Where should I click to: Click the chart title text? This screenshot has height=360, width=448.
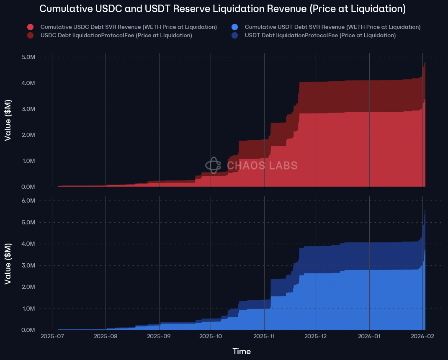click(x=222, y=9)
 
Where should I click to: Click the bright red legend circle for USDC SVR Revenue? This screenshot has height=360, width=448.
click(x=30, y=27)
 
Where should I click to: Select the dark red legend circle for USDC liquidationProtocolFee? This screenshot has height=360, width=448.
click(x=30, y=36)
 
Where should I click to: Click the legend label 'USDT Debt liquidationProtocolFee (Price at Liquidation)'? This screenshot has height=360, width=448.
click(x=320, y=36)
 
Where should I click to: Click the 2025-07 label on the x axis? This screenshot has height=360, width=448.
click(x=52, y=336)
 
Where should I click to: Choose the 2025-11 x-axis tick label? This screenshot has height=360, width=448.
click(x=264, y=336)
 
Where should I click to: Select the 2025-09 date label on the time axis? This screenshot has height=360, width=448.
click(x=159, y=336)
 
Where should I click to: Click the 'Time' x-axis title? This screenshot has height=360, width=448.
click(x=242, y=352)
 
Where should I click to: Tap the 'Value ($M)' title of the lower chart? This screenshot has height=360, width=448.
click(x=8, y=263)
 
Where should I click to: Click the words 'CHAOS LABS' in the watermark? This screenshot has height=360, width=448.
click(x=262, y=166)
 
